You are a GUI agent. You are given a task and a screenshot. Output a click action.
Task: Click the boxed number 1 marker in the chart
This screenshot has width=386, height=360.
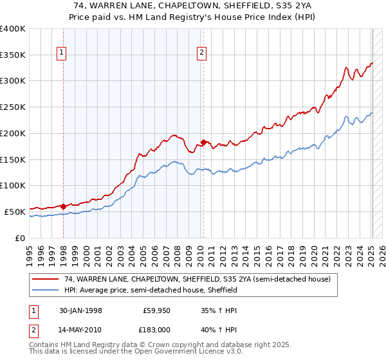(x=62, y=53)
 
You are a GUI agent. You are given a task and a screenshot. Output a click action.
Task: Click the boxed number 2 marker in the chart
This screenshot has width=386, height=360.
(x=202, y=53)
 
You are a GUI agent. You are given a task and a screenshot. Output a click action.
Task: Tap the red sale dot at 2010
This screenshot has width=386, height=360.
(x=203, y=141)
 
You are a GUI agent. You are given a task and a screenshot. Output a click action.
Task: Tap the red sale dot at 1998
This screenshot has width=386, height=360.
(x=64, y=206)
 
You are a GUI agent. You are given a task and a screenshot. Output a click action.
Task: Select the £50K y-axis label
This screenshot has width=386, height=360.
(x=15, y=212)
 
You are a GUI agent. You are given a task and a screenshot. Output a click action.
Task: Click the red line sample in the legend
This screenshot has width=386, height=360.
(x=46, y=279)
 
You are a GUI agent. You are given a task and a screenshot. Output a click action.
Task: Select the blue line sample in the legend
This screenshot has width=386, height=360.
(x=46, y=290)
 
